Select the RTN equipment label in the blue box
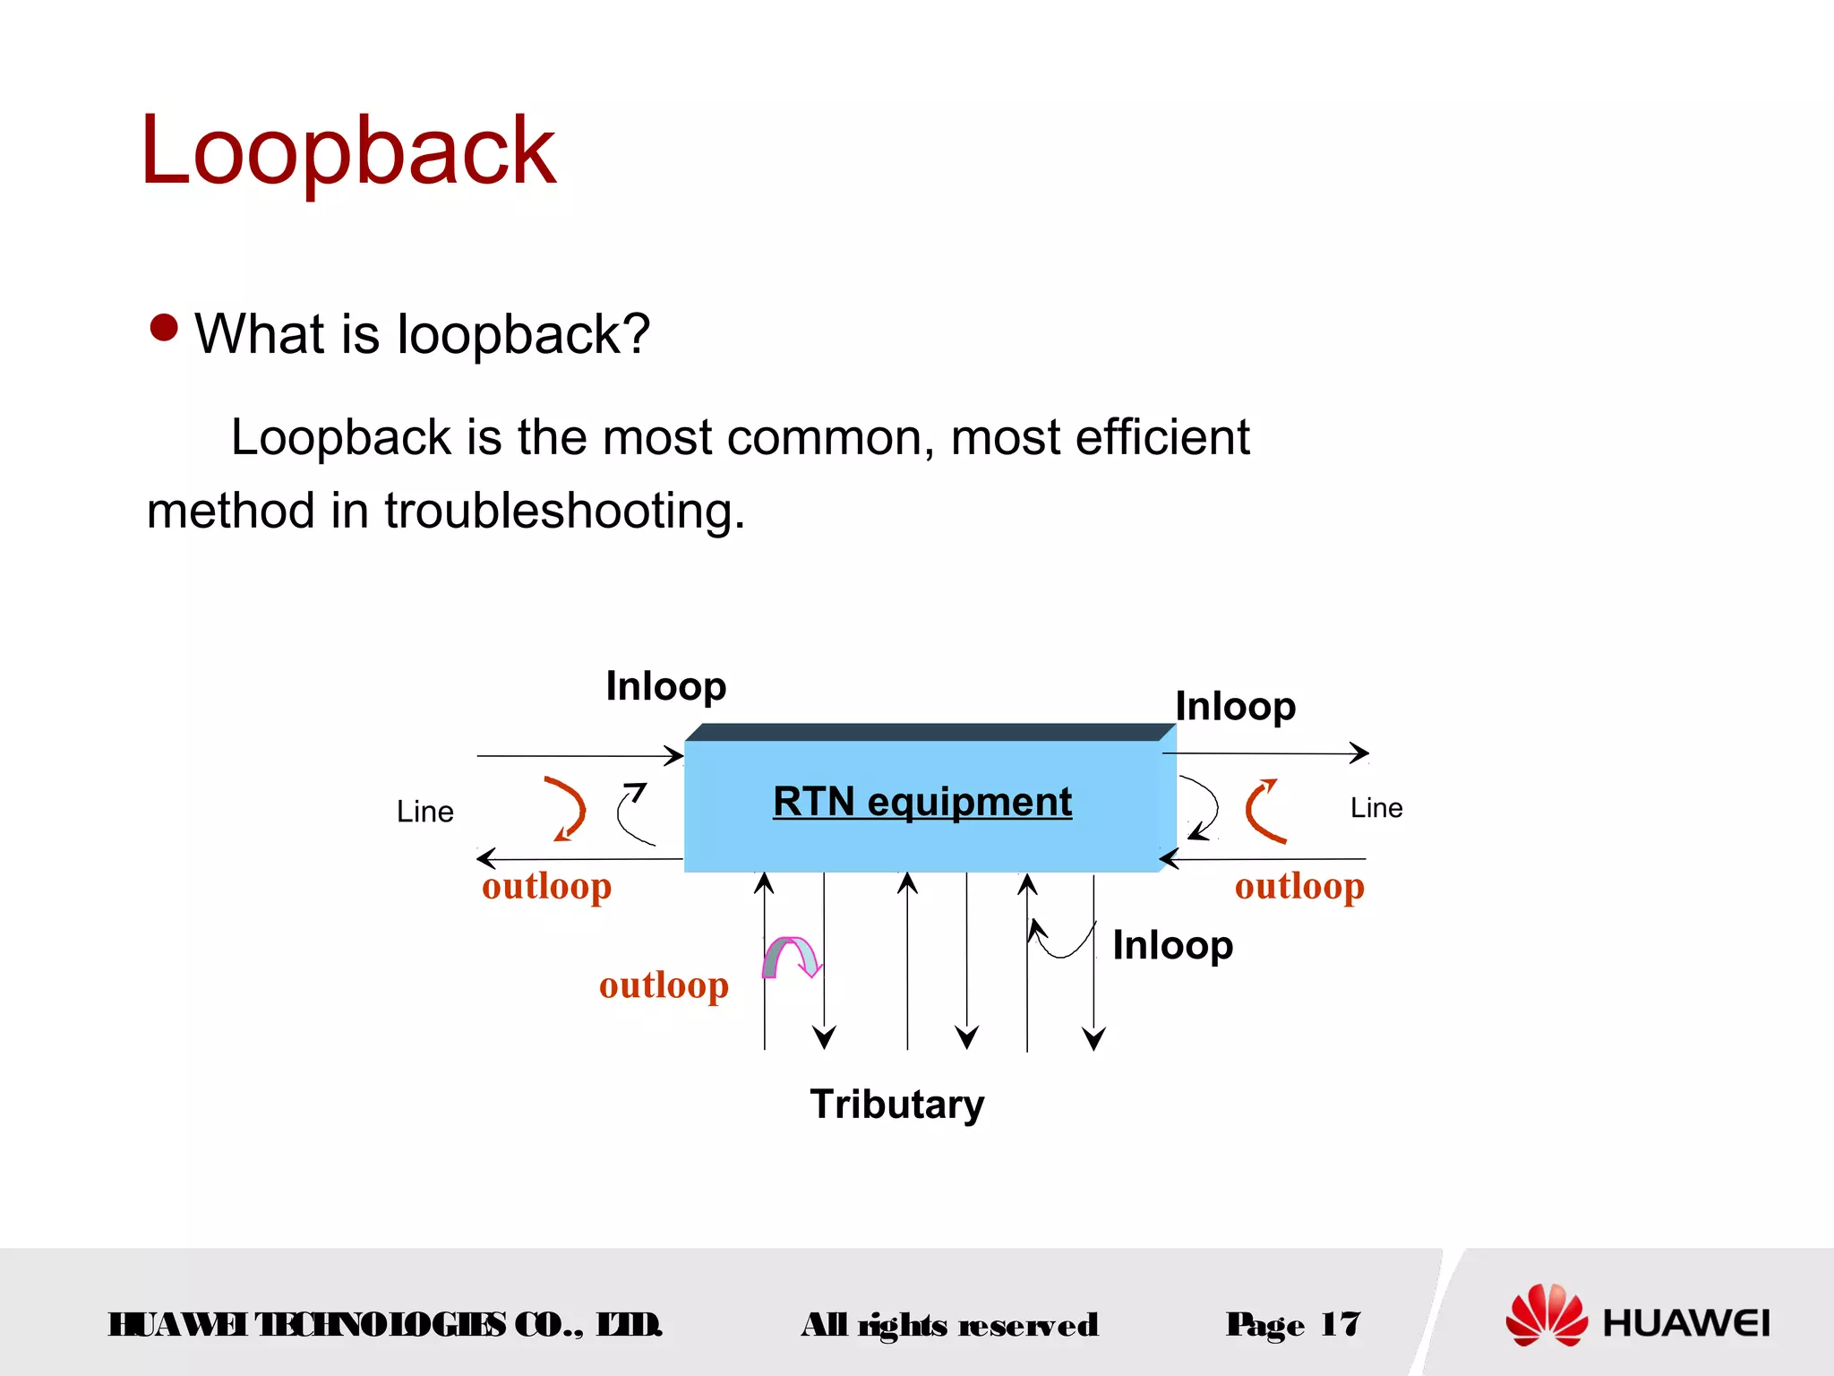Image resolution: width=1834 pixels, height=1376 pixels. [x=921, y=801]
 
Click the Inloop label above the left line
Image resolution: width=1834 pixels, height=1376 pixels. [x=665, y=686]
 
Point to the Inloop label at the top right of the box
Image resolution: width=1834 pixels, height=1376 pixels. [x=1235, y=706]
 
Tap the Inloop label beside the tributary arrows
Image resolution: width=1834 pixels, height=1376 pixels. [x=1172, y=945]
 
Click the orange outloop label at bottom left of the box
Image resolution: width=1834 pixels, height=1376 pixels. [x=546, y=886]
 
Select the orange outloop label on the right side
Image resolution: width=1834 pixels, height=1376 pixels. [x=1299, y=886]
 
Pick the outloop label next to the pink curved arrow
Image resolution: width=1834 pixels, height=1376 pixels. [x=664, y=985]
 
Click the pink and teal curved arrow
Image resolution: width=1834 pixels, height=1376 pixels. [x=792, y=956]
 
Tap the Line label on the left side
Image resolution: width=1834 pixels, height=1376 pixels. [x=424, y=812]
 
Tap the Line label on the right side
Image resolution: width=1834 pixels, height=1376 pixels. [x=1375, y=808]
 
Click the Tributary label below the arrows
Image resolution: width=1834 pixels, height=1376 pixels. [x=896, y=1104]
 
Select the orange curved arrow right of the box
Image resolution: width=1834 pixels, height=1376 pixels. [x=1263, y=811]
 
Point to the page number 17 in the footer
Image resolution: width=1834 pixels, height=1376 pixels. [x=1340, y=1324]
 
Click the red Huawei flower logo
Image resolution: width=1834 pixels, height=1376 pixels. [x=1546, y=1315]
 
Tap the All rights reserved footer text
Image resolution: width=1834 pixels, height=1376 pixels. [x=949, y=1325]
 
